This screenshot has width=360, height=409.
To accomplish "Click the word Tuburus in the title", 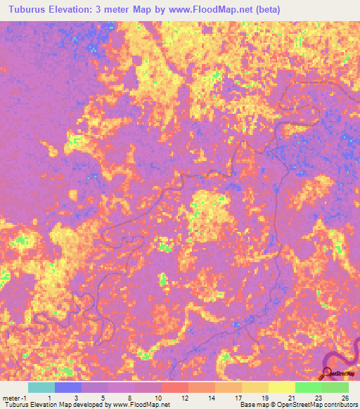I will click(x=26, y=10).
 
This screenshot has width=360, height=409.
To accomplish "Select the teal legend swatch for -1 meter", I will click(x=41, y=387).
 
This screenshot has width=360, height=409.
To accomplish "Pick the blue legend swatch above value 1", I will click(x=67, y=387).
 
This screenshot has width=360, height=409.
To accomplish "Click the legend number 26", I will click(x=345, y=397).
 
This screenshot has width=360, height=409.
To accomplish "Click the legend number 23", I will click(x=319, y=397).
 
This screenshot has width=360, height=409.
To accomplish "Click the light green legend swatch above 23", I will click(x=308, y=387).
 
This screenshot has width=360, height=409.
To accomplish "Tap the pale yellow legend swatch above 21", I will click(x=281, y=387).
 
